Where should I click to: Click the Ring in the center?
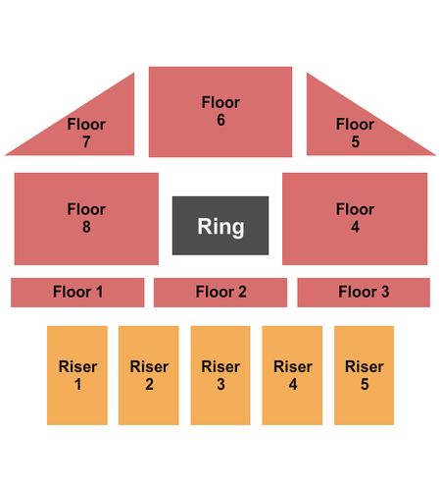pos(220,226)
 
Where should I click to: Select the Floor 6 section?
pos(220,112)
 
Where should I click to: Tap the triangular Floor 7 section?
pos(98,131)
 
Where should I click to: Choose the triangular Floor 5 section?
pos(343,131)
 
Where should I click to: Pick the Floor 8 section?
pos(86,219)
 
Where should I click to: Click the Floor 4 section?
pos(355,219)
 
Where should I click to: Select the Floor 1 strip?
pos(77,293)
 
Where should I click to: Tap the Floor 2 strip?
pos(220,293)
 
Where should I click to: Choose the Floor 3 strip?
pos(364,293)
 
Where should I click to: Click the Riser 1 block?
pos(77,375)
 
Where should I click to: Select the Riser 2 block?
pos(149,375)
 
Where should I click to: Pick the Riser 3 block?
pos(220,375)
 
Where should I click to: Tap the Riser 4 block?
pos(292,375)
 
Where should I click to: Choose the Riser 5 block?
pos(364,375)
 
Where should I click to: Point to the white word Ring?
pos(220,227)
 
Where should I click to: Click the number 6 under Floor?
pos(220,120)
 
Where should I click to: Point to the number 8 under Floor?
pos(86,227)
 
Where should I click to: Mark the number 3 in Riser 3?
pos(220,384)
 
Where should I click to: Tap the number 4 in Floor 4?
pos(355,227)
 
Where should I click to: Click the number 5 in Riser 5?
pos(365,384)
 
